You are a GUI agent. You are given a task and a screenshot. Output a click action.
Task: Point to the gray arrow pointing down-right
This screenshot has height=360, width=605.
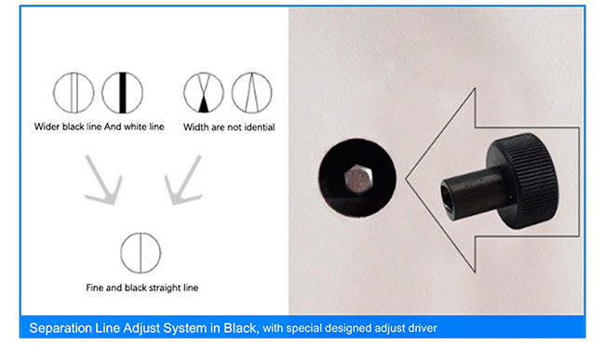(x=104, y=182)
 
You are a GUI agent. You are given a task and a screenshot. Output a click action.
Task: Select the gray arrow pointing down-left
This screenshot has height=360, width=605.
(x=183, y=182)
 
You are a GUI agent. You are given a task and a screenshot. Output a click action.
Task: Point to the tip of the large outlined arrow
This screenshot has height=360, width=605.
(x=406, y=179)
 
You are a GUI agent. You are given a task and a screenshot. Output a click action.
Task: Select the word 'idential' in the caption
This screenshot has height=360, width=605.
(x=260, y=127)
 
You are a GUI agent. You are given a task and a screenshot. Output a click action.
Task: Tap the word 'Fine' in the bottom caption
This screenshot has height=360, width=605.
(x=95, y=288)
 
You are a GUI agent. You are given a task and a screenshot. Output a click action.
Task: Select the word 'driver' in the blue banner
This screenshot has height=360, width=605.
(x=423, y=328)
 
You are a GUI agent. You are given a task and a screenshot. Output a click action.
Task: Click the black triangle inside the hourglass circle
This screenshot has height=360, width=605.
(x=204, y=106)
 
